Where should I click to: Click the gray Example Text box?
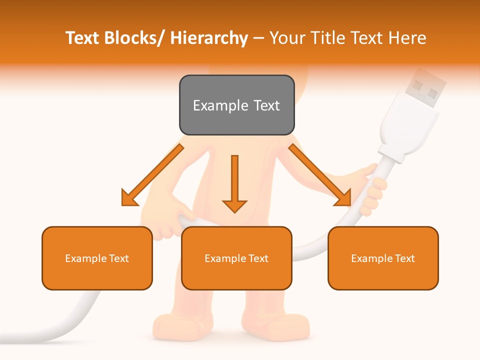pos(236,105)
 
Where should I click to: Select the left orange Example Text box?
pos(97,258)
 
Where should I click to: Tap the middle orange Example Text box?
pos(236,258)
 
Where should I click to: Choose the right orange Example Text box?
pos(383,258)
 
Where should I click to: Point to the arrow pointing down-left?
pos(152,175)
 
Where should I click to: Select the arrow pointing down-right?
pos(320,175)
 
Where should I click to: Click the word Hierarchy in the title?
pos(209,38)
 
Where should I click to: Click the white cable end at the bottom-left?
pos(30,337)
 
